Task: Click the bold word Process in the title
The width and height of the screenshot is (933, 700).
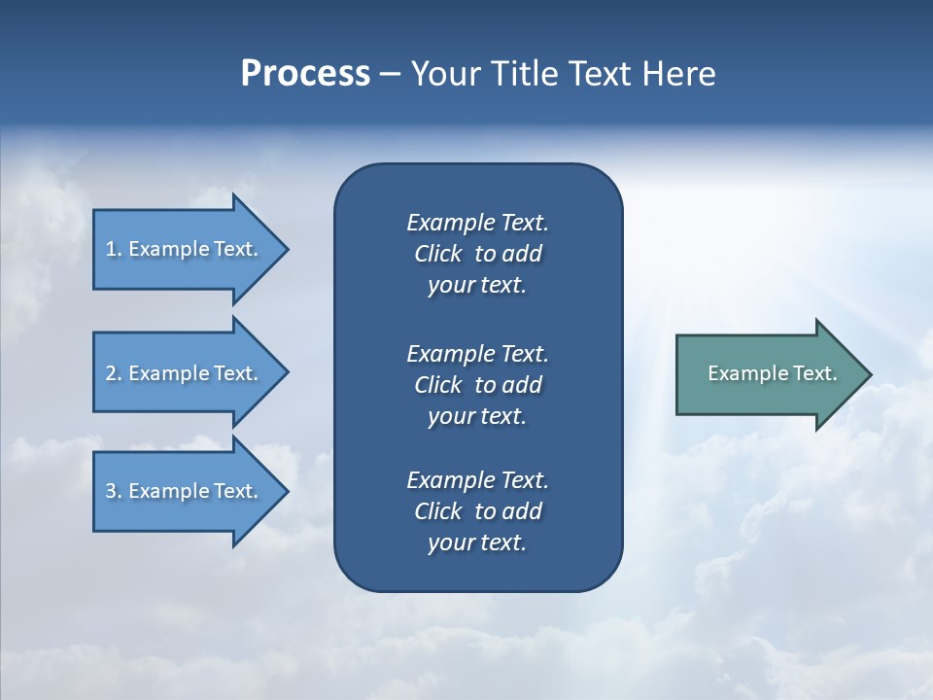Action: [x=305, y=74]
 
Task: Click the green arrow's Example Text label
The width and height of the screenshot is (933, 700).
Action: [x=772, y=373]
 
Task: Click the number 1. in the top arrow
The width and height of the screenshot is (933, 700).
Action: [x=114, y=249]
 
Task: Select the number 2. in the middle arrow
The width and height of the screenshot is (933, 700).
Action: [x=114, y=373]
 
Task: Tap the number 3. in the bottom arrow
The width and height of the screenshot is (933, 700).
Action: [x=114, y=491]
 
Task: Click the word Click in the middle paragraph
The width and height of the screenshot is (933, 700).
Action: [x=437, y=385]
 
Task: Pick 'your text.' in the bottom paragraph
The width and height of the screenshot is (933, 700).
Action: [x=476, y=542]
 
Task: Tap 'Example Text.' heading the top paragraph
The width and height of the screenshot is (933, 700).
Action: [x=477, y=223]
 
